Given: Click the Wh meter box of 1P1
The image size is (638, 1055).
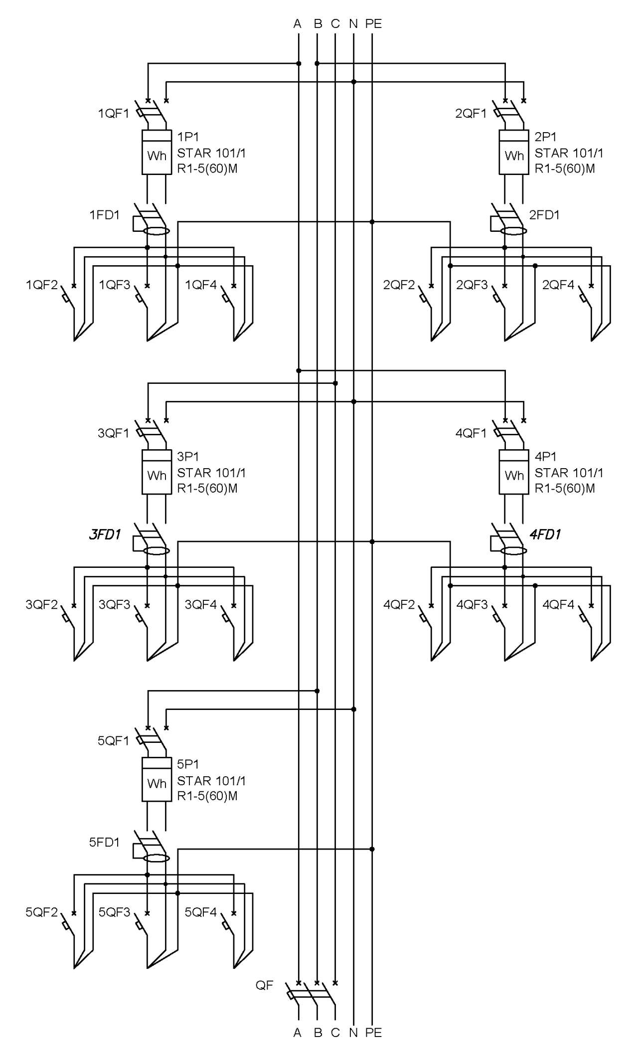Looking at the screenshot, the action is pos(157,152).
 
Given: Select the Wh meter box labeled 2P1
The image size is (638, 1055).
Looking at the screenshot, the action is pos(514,152).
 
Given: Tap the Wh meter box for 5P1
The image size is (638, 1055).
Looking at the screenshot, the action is pos(157,779).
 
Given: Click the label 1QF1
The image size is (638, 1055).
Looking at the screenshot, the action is pos(113,114).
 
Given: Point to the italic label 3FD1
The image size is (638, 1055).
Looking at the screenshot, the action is pos(105,535).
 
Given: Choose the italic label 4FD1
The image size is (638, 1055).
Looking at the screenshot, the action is pos(545,535).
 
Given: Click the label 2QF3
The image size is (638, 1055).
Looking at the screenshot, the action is pos(472,285).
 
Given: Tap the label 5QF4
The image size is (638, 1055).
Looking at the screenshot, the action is pos(201,912).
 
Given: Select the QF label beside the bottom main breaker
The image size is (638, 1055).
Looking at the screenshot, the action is pos(264,985).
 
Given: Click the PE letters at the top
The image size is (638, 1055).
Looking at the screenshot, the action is pos(373,23).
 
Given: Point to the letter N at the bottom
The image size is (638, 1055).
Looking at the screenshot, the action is pos(353,1032).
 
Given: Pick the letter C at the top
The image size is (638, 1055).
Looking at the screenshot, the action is pos(335,23).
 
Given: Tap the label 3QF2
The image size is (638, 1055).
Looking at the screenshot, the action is pos(42,605).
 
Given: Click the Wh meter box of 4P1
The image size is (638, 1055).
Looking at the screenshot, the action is pos(514,472).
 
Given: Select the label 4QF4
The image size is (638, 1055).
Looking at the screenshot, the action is pos(558,605).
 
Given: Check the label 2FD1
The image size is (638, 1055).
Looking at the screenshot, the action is pos(544,215).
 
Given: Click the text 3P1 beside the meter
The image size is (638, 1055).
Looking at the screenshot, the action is pos(188,456).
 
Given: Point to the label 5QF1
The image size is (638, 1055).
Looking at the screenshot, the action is pos(113,741).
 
